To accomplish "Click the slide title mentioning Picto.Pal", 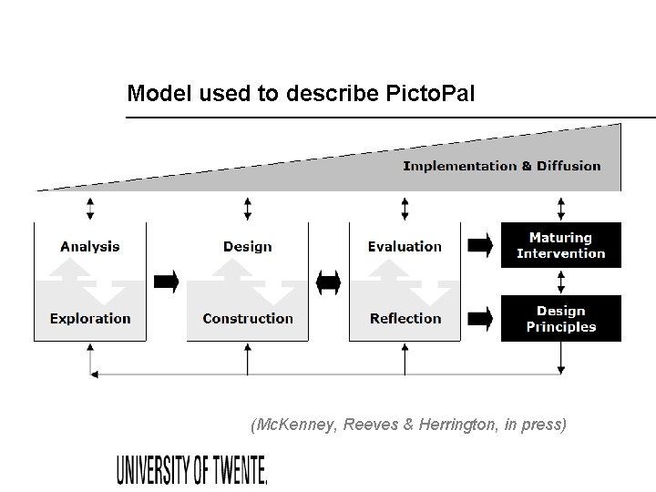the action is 301,93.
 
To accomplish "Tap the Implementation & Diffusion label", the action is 501,166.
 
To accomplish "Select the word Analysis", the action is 89,246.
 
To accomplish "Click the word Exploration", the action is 90,318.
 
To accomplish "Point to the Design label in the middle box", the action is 247,246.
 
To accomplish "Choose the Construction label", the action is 248,318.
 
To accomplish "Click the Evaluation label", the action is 405,246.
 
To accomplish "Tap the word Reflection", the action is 405,318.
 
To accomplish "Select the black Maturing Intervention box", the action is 561,245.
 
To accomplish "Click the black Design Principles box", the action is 561,319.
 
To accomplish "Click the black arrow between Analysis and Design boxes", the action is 167,282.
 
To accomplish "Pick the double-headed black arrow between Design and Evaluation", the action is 328,282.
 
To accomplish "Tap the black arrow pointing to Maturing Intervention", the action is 480,244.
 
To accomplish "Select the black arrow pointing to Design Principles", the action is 480,318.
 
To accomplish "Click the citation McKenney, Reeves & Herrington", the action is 407,424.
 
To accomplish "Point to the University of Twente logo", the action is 192,469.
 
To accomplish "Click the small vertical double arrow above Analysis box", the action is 89,208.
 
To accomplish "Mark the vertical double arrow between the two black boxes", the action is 561,282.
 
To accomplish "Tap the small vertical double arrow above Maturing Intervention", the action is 561,208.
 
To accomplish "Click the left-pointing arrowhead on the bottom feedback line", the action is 92,373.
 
